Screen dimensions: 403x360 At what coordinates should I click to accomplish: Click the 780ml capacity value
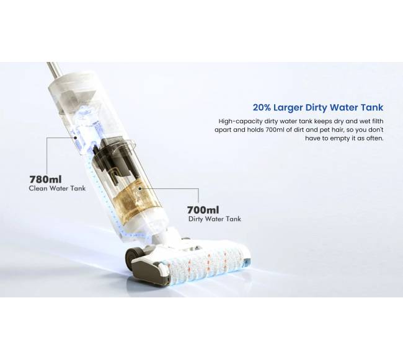pos(45,178)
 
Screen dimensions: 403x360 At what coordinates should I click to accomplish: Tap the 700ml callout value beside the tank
pos(203,210)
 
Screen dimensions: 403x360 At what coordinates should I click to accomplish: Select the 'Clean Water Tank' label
pos(57,188)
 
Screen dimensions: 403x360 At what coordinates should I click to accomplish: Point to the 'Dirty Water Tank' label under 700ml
pos(215,219)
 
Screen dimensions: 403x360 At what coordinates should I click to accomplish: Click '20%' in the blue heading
pos(262,107)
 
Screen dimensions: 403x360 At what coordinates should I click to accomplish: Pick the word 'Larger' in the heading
pos(288,108)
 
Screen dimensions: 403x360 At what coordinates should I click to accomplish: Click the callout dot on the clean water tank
pos(75,138)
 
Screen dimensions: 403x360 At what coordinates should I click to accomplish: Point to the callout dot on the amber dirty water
pos(140,189)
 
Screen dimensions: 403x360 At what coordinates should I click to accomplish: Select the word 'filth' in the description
pos(377,121)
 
